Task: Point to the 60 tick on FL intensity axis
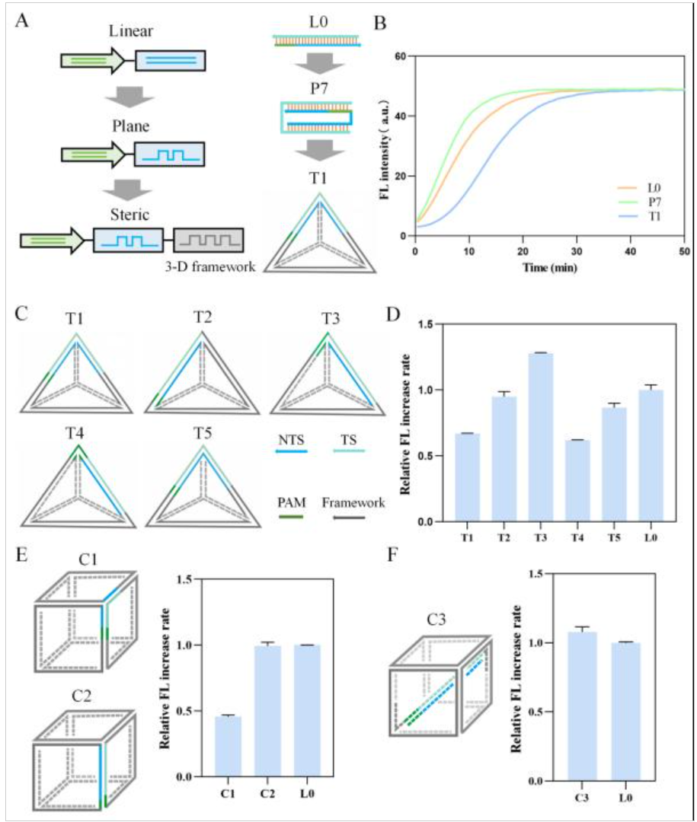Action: click(402, 57)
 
